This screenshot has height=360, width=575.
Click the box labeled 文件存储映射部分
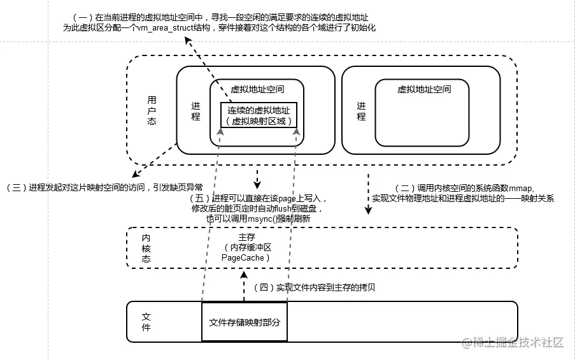[244, 322]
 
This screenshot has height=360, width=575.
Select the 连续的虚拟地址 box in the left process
[259, 115]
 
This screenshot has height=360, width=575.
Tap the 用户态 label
[152, 110]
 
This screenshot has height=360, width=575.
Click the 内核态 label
[146, 247]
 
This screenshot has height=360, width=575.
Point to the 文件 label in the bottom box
[146, 322]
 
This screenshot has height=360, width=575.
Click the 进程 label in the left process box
[195, 112]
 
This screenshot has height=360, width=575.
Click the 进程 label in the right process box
[361, 112]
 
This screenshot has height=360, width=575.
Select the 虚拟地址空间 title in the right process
[423, 89]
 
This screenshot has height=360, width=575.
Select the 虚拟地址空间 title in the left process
[257, 89]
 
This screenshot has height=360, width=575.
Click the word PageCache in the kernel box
[246, 257]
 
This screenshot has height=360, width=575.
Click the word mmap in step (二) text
[521, 188]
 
